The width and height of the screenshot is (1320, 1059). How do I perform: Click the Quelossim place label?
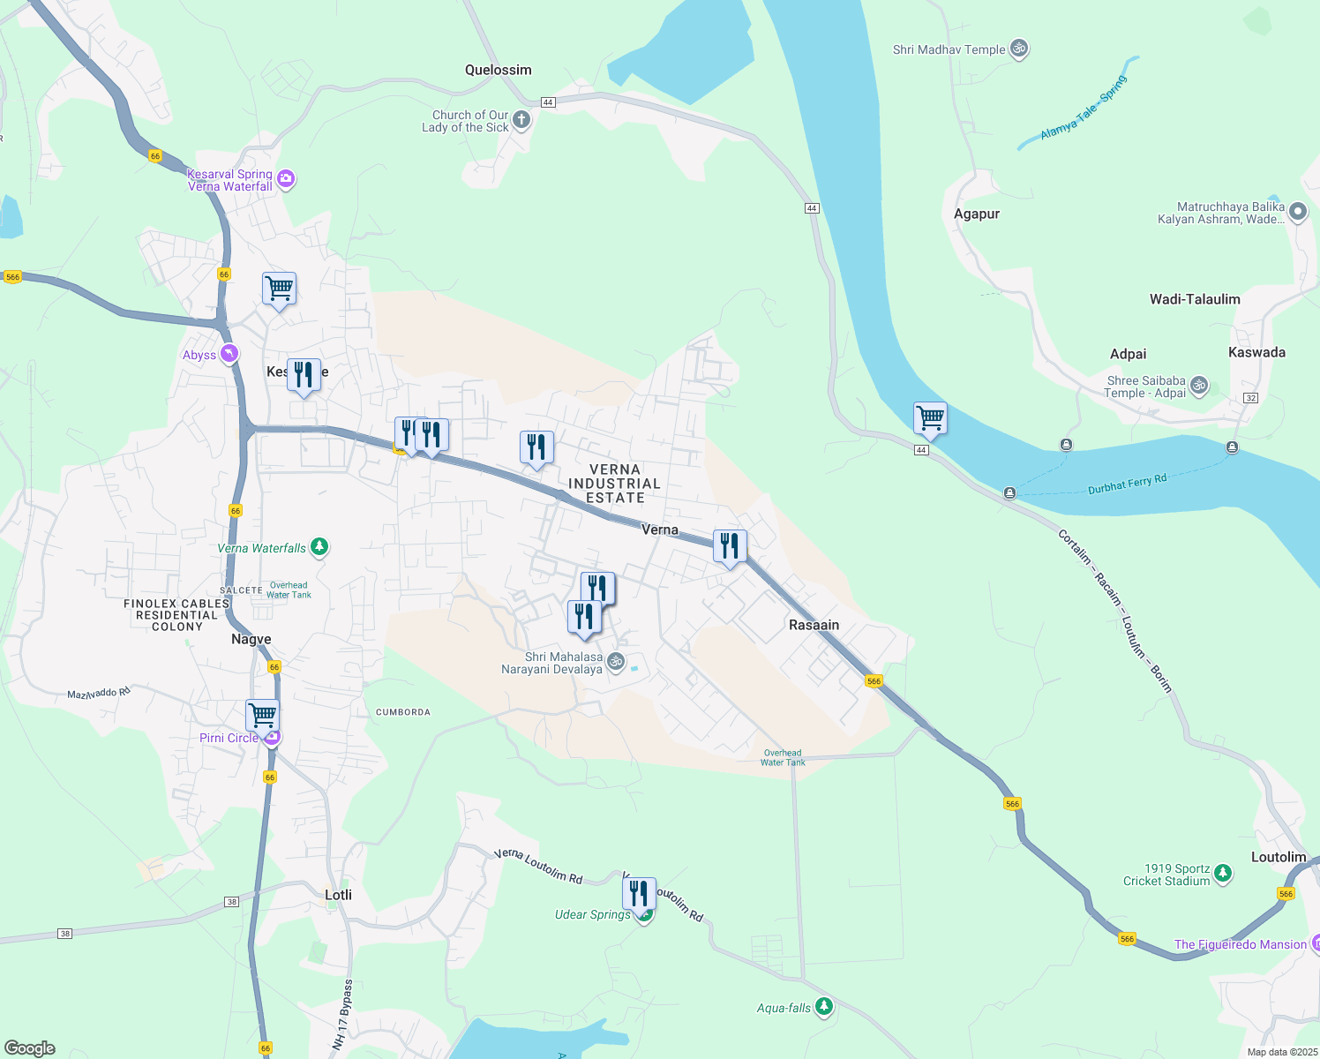pos(499,70)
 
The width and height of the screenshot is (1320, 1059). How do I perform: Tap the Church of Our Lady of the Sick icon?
pos(521,120)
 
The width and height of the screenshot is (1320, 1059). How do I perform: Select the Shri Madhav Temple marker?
pos(1019,49)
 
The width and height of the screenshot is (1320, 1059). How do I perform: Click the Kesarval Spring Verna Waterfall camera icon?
pos(285,180)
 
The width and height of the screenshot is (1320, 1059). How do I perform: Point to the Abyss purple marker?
pos(229,354)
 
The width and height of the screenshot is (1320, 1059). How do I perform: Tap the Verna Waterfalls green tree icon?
pos(319,547)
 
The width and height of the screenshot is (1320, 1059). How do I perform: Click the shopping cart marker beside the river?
pos(930,417)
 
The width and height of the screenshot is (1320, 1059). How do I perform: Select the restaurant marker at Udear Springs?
pos(639,894)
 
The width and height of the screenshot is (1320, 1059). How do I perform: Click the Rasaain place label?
pos(814,625)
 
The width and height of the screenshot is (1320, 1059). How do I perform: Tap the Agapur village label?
pos(977,214)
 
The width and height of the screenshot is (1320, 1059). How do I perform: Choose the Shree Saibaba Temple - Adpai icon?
pos(1198,386)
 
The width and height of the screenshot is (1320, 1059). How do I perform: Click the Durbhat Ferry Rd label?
pos(1127,484)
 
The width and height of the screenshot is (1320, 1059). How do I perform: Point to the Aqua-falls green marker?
pos(824,1007)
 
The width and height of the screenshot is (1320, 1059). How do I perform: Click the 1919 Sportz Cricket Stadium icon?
pos(1222,874)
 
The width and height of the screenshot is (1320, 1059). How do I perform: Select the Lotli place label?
pos(338,895)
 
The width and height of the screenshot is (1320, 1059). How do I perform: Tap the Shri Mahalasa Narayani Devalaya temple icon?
pos(616,661)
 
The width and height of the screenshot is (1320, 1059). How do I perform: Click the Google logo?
pos(30,1048)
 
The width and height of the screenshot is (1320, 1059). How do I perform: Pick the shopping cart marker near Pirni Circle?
pos(262,715)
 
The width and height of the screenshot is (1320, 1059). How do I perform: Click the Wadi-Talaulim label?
pos(1195,299)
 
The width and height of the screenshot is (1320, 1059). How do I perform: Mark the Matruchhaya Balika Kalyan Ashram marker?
pos(1297,212)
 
